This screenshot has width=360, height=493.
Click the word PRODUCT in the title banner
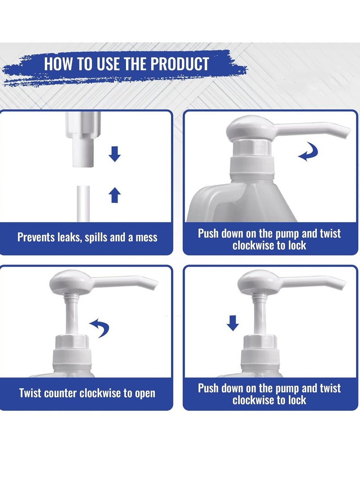[180, 64]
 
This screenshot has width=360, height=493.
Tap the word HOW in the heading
[60, 64]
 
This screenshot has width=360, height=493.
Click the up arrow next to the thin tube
[115, 195]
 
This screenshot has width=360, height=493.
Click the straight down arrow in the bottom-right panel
[233, 323]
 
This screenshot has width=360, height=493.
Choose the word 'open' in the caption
[143, 393]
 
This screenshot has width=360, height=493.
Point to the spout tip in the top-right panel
[346, 132]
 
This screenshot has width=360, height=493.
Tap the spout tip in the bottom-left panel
[153, 285]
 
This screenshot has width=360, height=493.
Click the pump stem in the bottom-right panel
[258, 315]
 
